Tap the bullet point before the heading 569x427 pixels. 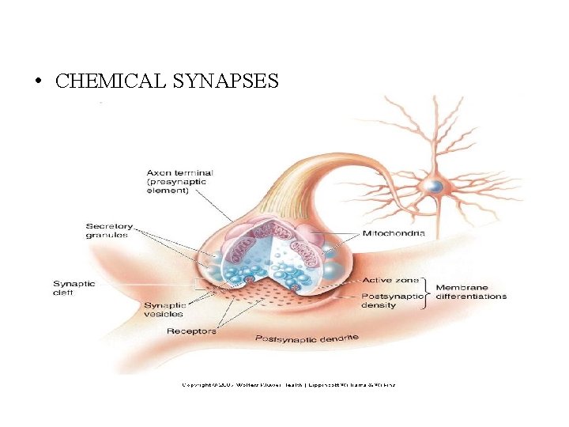click(38, 82)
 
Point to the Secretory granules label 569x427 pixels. click(109, 230)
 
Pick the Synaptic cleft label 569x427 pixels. click(73, 288)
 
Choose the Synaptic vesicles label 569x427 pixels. click(164, 309)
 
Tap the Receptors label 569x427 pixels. click(191, 331)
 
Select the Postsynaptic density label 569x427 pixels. click(390, 300)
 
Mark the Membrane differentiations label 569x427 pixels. click(471, 292)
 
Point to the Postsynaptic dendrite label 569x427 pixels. click(307, 338)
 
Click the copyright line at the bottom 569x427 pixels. click(288, 385)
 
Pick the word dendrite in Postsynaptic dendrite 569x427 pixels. click(339, 338)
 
